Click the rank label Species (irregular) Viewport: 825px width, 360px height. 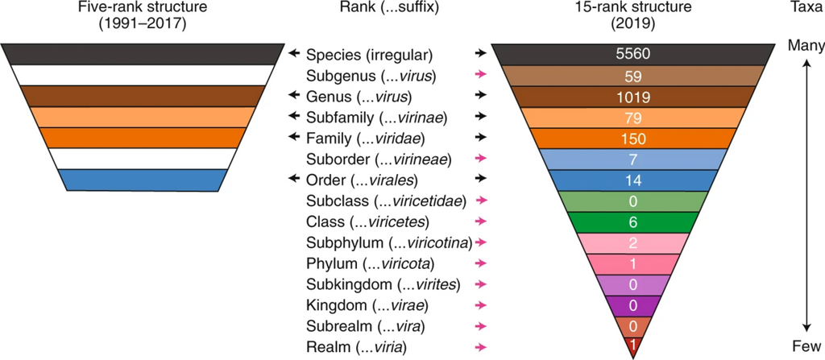[x=370, y=56]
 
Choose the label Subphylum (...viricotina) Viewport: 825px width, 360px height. [x=388, y=242]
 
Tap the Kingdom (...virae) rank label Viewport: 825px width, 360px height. [x=367, y=305]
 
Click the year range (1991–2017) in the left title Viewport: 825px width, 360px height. [x=140, y=23]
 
